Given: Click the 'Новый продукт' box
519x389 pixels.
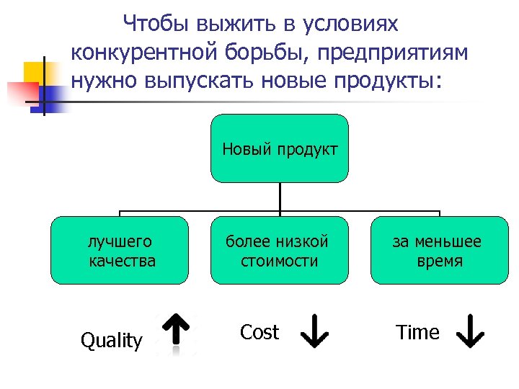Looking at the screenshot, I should click(x=280, y=148).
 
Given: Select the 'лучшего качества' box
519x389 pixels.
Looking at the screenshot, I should click(x=120, y=251).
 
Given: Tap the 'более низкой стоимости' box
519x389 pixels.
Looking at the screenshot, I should click(x=280, y=251).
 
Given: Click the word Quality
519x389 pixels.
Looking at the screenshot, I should click(x=112, y=340).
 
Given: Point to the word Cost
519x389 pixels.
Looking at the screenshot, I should click(x=259, y=332).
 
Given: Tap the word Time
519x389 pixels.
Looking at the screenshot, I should click(x=417, y=332).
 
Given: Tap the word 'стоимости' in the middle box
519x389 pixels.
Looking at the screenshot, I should click(x=280, y=261).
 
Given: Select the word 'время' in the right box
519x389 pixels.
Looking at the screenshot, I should click(x=440, y=261).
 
